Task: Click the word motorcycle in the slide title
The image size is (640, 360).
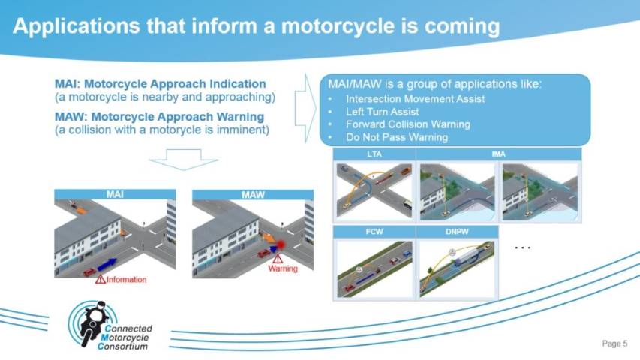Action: (338, 26)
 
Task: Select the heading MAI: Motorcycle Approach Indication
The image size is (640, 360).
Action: (161, 84)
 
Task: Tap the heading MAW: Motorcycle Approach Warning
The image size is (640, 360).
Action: (160, 117)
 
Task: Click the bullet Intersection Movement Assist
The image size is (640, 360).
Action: (415, 99)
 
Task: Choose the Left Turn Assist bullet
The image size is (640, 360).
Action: (382, 112)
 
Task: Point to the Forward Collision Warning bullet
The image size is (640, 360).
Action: (407, 124)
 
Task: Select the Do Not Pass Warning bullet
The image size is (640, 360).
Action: (396, 137)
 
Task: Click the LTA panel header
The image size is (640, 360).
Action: (374, 154)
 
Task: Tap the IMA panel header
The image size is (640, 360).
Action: (498, 154)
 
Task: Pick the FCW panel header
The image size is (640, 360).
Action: (374, 232)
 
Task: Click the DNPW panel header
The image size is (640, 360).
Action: (457, 232)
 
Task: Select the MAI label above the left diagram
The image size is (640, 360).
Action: (115, 194)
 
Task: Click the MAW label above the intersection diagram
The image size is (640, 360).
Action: (253, 195)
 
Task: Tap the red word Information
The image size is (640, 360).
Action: (127, 280)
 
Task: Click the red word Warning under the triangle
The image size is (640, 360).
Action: (283, 268)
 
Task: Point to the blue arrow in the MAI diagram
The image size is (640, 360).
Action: (107, 264)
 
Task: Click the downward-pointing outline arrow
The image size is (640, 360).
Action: (184, 160)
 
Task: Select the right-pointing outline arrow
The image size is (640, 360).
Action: (305, 109)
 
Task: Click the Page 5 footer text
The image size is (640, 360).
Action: (614, 343)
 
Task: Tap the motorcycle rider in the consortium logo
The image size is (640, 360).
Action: (93, 322)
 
